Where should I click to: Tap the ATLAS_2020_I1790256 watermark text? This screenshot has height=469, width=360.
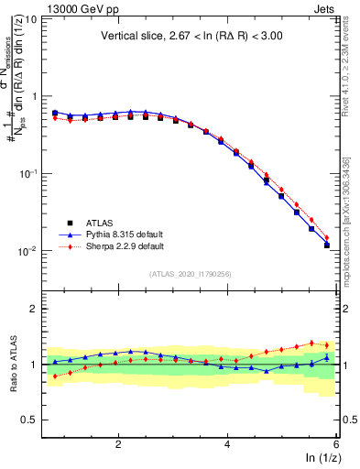191,274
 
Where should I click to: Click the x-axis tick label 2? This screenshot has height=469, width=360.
118,444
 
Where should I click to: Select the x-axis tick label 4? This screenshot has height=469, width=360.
227,444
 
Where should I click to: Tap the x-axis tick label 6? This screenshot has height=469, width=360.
335,444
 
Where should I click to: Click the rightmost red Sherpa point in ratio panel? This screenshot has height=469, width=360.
327,345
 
